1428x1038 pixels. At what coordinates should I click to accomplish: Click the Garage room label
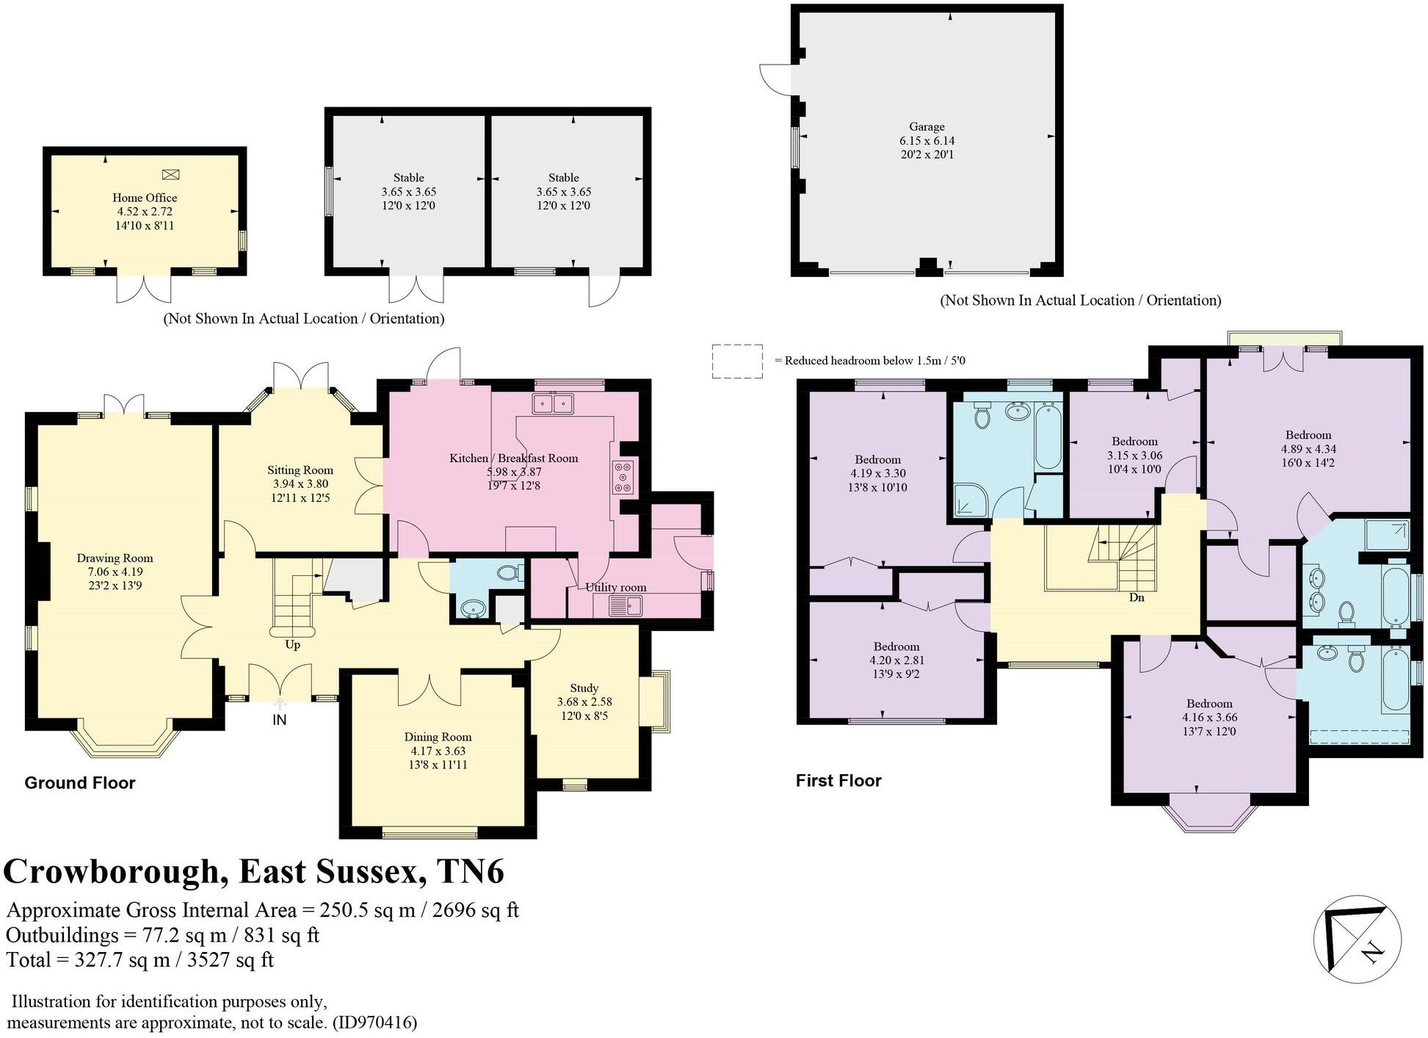click(927, 127)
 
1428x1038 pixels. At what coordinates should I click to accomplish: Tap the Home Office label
click(145, 198)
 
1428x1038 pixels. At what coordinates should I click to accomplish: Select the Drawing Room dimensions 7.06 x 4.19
click(115, 572)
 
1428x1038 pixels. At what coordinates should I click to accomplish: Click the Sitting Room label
click(300, 470)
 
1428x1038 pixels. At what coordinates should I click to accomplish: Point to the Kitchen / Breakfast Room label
click(513, 458)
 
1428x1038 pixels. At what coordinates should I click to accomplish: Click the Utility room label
click(615, 587)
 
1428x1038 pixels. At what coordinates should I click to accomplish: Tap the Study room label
click(584, 688)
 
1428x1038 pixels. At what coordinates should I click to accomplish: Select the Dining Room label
click(438, 737)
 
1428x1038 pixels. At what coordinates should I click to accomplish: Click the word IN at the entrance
click(279, 720)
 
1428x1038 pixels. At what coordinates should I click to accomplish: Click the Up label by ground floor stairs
click(292, 645)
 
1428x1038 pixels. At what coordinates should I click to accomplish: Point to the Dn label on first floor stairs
click(1136, 597)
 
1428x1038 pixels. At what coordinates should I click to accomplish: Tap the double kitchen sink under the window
click(553, 403)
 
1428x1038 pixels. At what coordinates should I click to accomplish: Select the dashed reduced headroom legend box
click(736, 361)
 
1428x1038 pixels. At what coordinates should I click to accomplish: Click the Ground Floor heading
click(80, 783)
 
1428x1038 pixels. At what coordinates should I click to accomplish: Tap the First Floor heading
click(838, 781)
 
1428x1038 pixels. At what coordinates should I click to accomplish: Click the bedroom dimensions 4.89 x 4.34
click(1308, 449)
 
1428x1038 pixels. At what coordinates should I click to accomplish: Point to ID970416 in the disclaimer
click(374, 1023)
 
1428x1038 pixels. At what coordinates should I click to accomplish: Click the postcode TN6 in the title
click(471, 872)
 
